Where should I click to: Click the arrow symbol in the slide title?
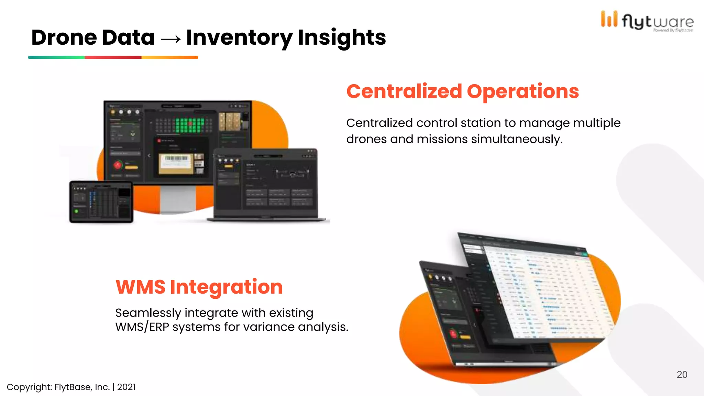pos(170,39)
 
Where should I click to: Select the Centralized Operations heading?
pos(462,91)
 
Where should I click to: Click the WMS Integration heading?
pos(199,287)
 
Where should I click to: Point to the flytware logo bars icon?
pos(609,19)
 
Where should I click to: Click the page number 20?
pos(682,374)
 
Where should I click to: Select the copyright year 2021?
pos(126,387)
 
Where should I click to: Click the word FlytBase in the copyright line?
pos(73,387)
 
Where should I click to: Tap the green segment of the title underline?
pos(56,57)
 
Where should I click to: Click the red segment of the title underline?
pos(113,57)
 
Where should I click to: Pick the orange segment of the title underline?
pos(169,57)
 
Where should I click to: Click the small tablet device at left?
pos(101,202)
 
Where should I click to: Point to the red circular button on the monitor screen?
pos(118,165)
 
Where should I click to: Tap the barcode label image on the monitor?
pos(176,163)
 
